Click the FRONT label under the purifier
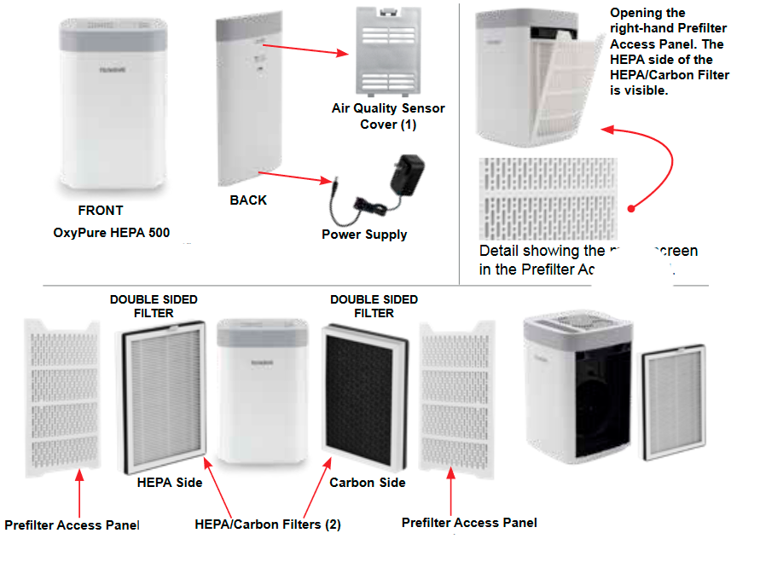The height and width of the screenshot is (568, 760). click(101, 211)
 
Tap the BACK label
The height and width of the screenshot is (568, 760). click(248, 200)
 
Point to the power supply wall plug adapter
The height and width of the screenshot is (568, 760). click(406, 175)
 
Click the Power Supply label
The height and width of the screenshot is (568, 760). click(364, 235)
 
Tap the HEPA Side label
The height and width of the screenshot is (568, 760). click(170, 483)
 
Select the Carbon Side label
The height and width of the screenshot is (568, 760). click(367, 483)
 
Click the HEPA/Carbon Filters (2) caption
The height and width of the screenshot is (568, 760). click(268, 525)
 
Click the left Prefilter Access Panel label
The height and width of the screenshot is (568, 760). click(72, 525)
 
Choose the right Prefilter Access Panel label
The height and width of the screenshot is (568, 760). click(469, 523)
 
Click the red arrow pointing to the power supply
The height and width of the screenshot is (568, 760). click(298, 177)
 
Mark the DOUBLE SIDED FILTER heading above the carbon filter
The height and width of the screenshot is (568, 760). click(374, 306)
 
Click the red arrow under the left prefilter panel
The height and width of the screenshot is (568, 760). click(80, 490)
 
